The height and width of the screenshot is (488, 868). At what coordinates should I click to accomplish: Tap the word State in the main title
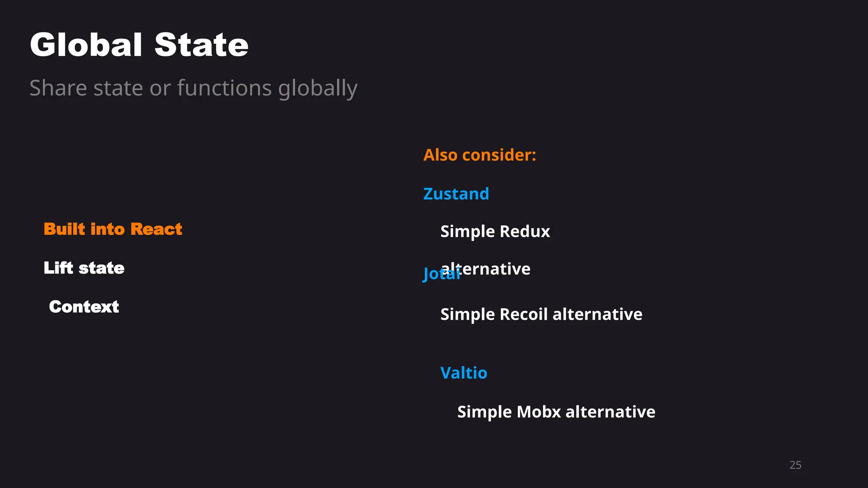[x=201, y=45]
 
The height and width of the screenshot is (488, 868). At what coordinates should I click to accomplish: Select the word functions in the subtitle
[x=224, y=88]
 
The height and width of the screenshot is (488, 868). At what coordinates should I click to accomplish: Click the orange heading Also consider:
[x=479, y=155]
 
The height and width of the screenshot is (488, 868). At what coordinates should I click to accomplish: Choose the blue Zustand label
[x=456, y=194]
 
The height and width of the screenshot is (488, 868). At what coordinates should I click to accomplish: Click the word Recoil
[x=524, y=314]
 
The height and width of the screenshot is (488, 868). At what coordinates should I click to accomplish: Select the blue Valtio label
[x=464, y=373]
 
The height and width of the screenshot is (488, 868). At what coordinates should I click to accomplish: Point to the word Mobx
[x=539, y=412]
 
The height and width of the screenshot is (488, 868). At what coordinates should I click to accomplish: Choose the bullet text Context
[x=84, y=307]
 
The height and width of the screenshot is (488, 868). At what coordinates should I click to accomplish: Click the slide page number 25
[x=795, y=465]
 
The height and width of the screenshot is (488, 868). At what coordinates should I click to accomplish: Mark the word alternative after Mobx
[x=610, y=412]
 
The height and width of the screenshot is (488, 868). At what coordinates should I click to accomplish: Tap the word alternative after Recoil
[x=597, y=314]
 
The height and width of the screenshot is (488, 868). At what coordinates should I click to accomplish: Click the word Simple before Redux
[x=467, y=232]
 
